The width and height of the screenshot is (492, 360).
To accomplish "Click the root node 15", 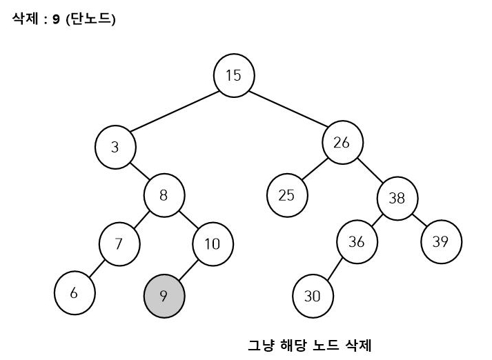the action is point(234,75).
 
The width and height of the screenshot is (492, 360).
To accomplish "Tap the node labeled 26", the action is point(342,143).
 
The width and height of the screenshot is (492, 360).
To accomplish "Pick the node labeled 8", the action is point(164,194).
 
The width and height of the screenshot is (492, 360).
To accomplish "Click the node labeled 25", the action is point(286,194).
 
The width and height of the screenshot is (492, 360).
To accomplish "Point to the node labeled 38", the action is point(397,199).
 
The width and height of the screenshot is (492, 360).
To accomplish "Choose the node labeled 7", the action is point(119,243).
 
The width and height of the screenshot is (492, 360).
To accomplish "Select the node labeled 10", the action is point(213,243).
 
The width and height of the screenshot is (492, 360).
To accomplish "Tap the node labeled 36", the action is point(357,243).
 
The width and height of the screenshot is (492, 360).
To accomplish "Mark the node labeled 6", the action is point(74,292).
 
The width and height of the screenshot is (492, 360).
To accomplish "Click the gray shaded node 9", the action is point(164,297).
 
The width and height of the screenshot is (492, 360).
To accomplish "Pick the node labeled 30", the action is point(313,297).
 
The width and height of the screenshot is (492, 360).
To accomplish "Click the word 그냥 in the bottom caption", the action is point(260,344).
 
